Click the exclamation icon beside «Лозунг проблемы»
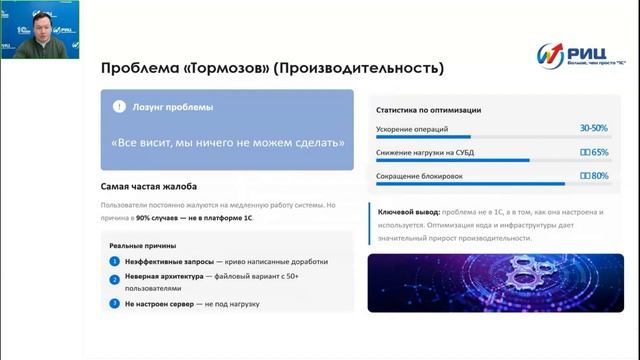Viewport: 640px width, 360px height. click(x=119, y=107)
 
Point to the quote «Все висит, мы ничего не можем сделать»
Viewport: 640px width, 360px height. click(x=227, y=143)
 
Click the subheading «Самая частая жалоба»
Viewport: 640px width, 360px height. click(x=149, y=187)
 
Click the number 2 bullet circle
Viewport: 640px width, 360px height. click(x=115, y=279)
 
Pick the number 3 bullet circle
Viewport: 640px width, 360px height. click(x=115, y=303)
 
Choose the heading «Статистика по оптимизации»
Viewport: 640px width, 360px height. click(x=428, y=110)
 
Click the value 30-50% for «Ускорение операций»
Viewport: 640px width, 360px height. click(x=593, y=129)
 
